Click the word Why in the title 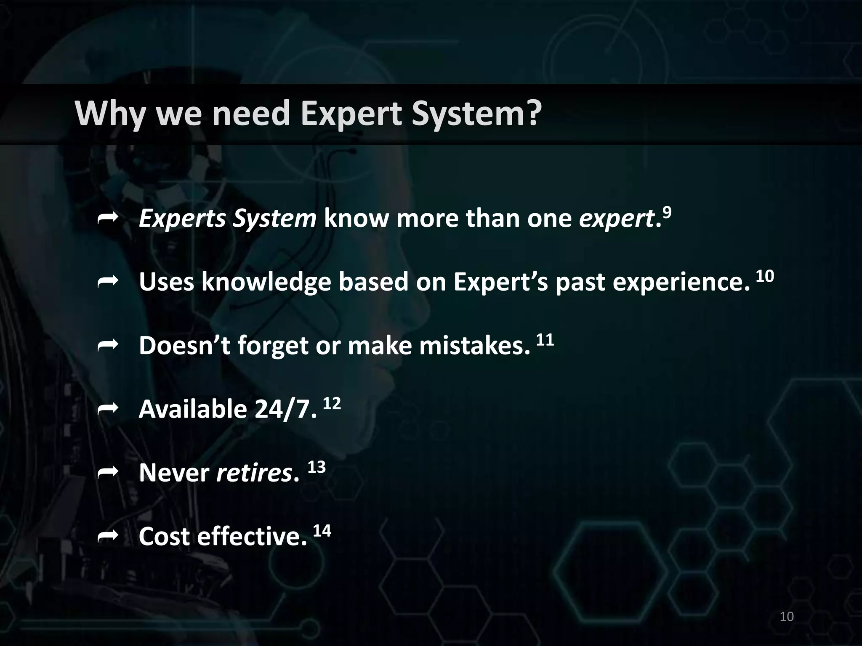pos(111,114)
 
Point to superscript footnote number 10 pos(765,276)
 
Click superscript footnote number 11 pos(545,340)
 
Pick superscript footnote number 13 pos(317,467)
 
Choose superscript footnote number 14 pos(322,531)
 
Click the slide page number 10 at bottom pos(787,617)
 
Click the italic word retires pos(254,473)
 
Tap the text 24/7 pos(285,409)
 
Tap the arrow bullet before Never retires pos(107,473)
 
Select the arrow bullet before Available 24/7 pos(107,409)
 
